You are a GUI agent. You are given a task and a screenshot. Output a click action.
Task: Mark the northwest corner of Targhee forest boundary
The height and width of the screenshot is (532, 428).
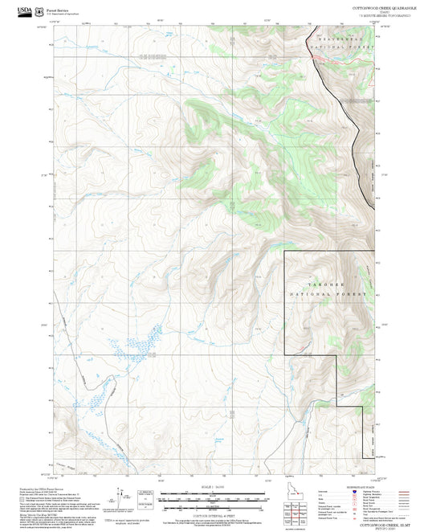pyautogui.click(x=285, y=252)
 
